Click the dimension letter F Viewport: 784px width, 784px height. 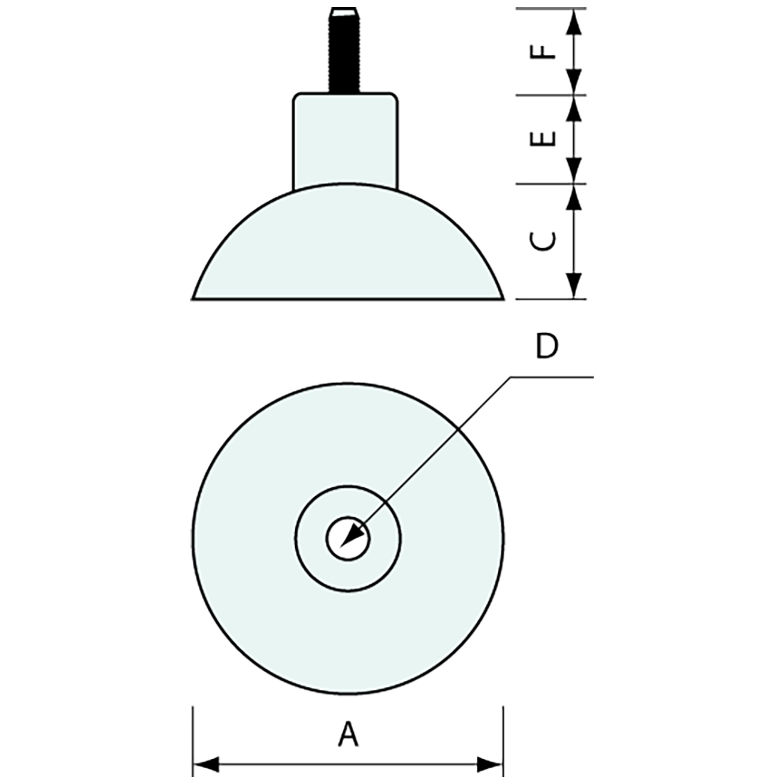tap(544, 51)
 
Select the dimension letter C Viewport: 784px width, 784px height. tap(544, 241)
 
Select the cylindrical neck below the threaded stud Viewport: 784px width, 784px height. tap(345, 139)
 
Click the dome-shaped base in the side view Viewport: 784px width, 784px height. tap(348, 249)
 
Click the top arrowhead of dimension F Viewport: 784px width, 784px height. tap(574, 20)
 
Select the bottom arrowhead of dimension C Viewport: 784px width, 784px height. tap(574, 288)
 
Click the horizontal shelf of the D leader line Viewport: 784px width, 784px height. tap(552, 377)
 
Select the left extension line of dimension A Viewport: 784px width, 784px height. tap(193, 741)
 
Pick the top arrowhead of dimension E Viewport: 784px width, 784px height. tap(574, 107)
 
